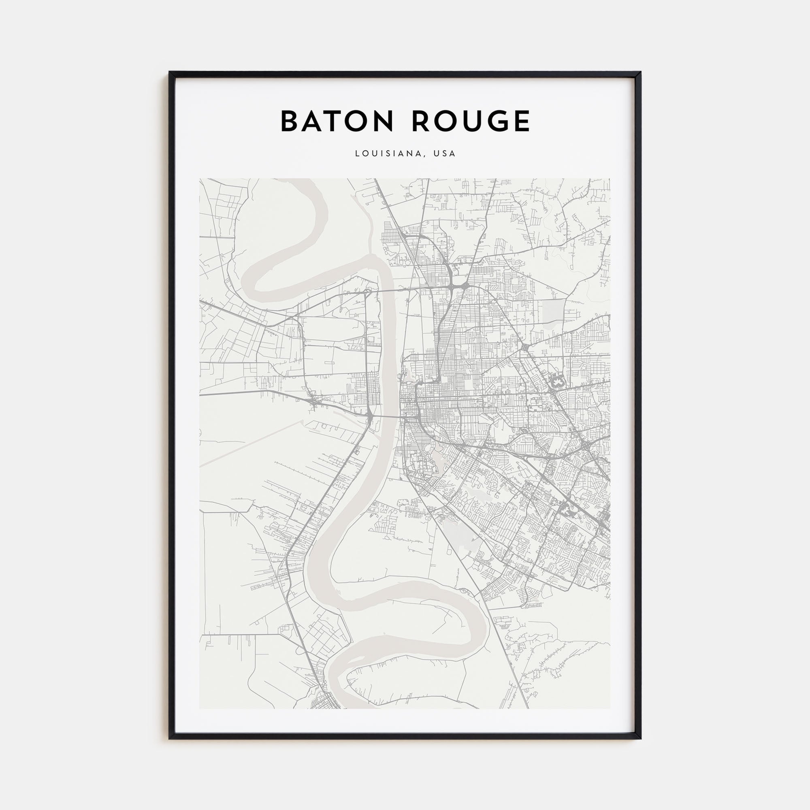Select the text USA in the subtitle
[x=444, y=154]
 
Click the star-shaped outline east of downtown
[x=557, y=382]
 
